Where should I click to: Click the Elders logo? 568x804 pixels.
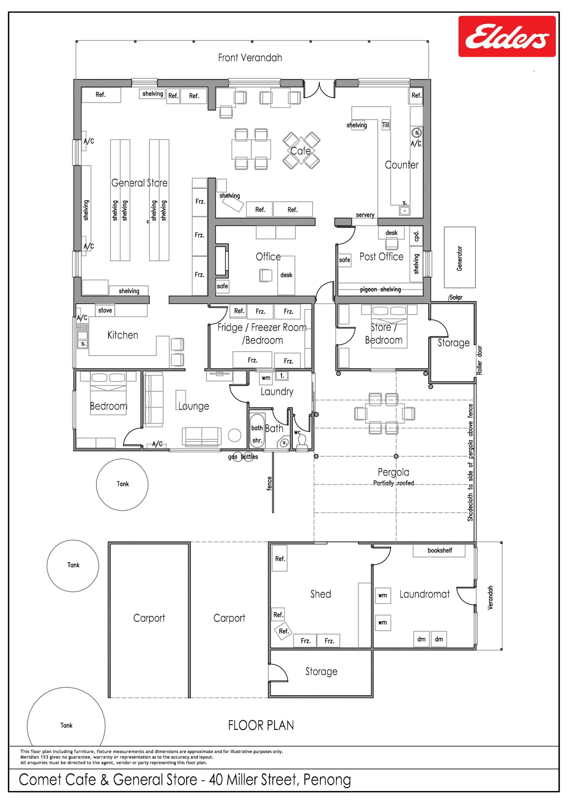point(507,36)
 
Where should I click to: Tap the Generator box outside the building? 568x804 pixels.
point(460,258)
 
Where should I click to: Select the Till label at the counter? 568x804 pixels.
point(385,125)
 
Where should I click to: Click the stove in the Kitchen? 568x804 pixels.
point(105,310)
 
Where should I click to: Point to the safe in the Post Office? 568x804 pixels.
point(345,260)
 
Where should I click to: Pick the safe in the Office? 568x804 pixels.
point(222,286)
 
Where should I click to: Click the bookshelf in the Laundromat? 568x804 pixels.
point(439,550)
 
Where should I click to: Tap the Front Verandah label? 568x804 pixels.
point(250,58)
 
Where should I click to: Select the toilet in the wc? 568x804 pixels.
point(302,443)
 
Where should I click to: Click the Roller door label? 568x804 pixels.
point(479,360)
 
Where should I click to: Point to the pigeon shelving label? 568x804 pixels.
point(380,289)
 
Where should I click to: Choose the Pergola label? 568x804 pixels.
point(393,472)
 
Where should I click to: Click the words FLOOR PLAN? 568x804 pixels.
point(261,725)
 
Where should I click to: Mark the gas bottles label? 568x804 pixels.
point(243,457)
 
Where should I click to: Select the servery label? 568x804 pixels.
point(365,215)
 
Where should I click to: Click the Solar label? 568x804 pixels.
point(456,297)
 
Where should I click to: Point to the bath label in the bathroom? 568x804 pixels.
point(257,428)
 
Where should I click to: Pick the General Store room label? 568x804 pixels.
point(139,183)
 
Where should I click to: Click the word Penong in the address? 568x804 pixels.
point(327,780)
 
